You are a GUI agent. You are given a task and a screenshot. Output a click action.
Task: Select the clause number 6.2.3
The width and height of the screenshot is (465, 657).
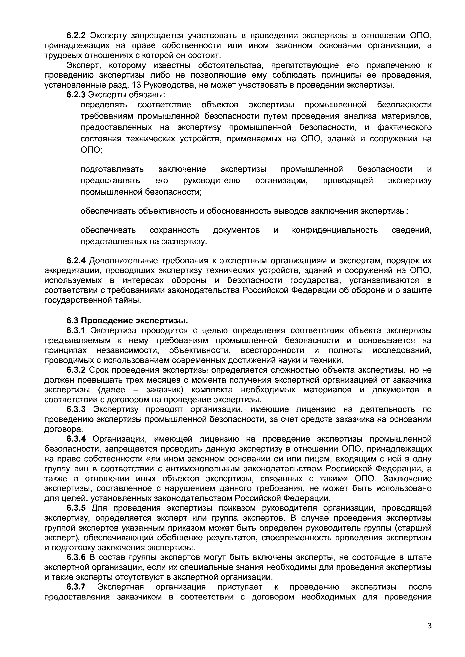pyautogui.click(x=76, y=95)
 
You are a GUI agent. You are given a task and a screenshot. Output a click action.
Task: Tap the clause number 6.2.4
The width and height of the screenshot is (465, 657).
pyautogui.click(x=76, y=261)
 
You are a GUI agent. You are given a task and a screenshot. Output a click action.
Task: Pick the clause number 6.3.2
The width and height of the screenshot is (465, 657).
pyautogui.click(x=76, y=370)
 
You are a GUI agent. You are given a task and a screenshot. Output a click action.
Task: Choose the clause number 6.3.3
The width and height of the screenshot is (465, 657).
pyautogui.click(x=76, y=409)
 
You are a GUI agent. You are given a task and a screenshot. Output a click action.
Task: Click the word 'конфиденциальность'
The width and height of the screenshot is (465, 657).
pyautogui.click(x=335, y=230)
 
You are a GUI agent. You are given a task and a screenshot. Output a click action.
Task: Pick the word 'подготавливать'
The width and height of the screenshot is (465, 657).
pyautogui.click(x=112, y=169)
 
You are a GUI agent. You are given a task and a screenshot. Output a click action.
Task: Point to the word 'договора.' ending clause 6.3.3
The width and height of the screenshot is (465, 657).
pyautogui.click(x=64, y=429)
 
